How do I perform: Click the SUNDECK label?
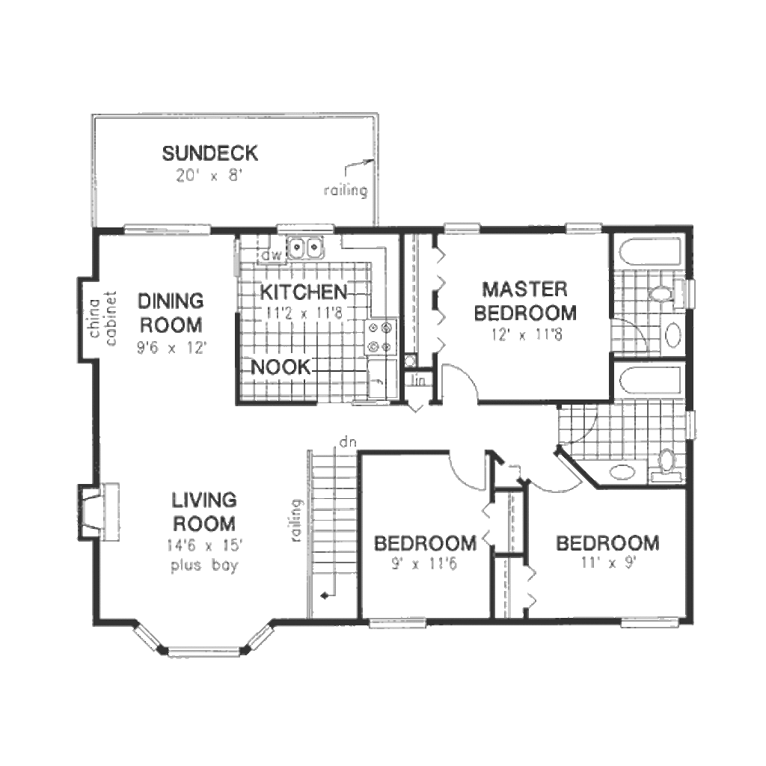tap(210, 154)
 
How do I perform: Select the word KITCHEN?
tap(304, 292)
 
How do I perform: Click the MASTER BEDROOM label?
tap(524, 300)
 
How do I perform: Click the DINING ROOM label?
tap(171, 313)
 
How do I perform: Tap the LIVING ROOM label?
tap(203, 511)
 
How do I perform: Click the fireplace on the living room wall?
tap(97, 510)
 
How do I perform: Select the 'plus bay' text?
tap(203, 566)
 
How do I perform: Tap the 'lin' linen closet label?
tap(418, 381)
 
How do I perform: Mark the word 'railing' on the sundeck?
tap(346, 191)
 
